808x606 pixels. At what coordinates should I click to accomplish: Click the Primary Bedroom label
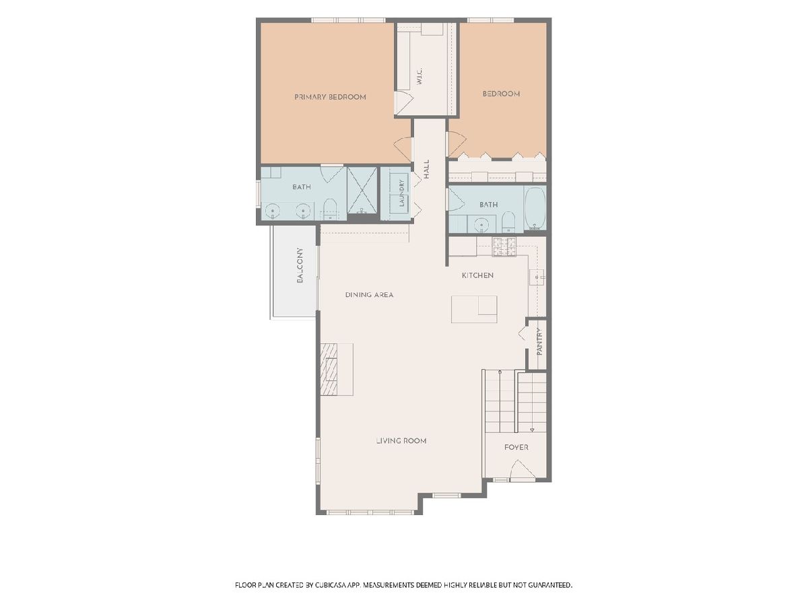[330, 97]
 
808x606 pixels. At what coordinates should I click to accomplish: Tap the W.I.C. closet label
[419, 77]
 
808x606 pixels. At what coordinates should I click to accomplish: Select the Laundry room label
[401, 193]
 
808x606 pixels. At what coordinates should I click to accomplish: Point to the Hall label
[426, 169]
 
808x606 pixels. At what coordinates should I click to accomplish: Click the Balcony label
[300, 265]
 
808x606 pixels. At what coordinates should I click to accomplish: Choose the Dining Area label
[369, 295]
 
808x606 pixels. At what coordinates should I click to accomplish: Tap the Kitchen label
[477, 275]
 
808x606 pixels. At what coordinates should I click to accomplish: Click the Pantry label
[539, 342]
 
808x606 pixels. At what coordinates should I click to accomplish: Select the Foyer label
[516, 447]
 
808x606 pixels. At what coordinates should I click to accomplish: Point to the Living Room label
[401, 441]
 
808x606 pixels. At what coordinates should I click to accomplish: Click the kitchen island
[474, 310]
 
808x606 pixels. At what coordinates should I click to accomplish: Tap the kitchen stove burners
[504, 246]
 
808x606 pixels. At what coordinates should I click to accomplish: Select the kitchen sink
[537, 277]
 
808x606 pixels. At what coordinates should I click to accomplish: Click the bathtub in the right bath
[535, 209]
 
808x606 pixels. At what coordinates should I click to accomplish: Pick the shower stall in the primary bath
[362, 191]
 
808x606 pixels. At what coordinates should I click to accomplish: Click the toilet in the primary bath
[330, 209]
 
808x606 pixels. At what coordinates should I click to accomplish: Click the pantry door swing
[523, 334]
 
